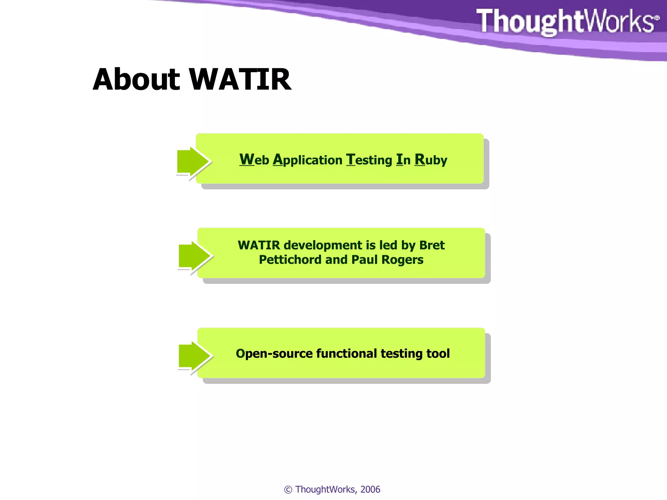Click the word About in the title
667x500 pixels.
coord(136,79)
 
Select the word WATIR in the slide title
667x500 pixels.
coord(240,79)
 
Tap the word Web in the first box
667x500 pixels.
coord(254,160)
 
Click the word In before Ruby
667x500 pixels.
coord(403,160)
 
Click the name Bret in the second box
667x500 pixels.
coord(432,245)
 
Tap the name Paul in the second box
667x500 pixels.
coord(364,260)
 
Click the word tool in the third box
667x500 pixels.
coord(438,354)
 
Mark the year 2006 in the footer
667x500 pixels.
coord(370,489)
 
